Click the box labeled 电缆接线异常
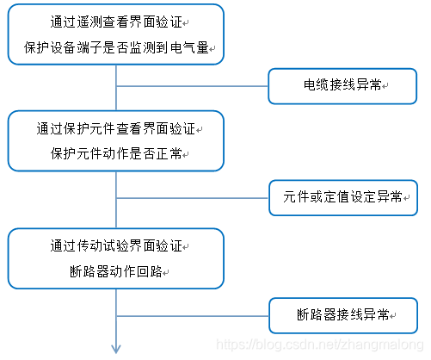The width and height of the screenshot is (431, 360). (343, 85)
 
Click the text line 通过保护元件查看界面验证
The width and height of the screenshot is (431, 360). (115, 130)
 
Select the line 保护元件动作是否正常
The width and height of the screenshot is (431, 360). (115, 154)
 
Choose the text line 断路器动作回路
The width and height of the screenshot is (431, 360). (115, 271)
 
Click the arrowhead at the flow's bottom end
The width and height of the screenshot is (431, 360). (114, 347)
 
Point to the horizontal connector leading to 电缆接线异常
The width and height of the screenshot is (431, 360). (192, 85)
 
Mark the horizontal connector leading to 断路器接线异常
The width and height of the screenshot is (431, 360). (192, 313)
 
